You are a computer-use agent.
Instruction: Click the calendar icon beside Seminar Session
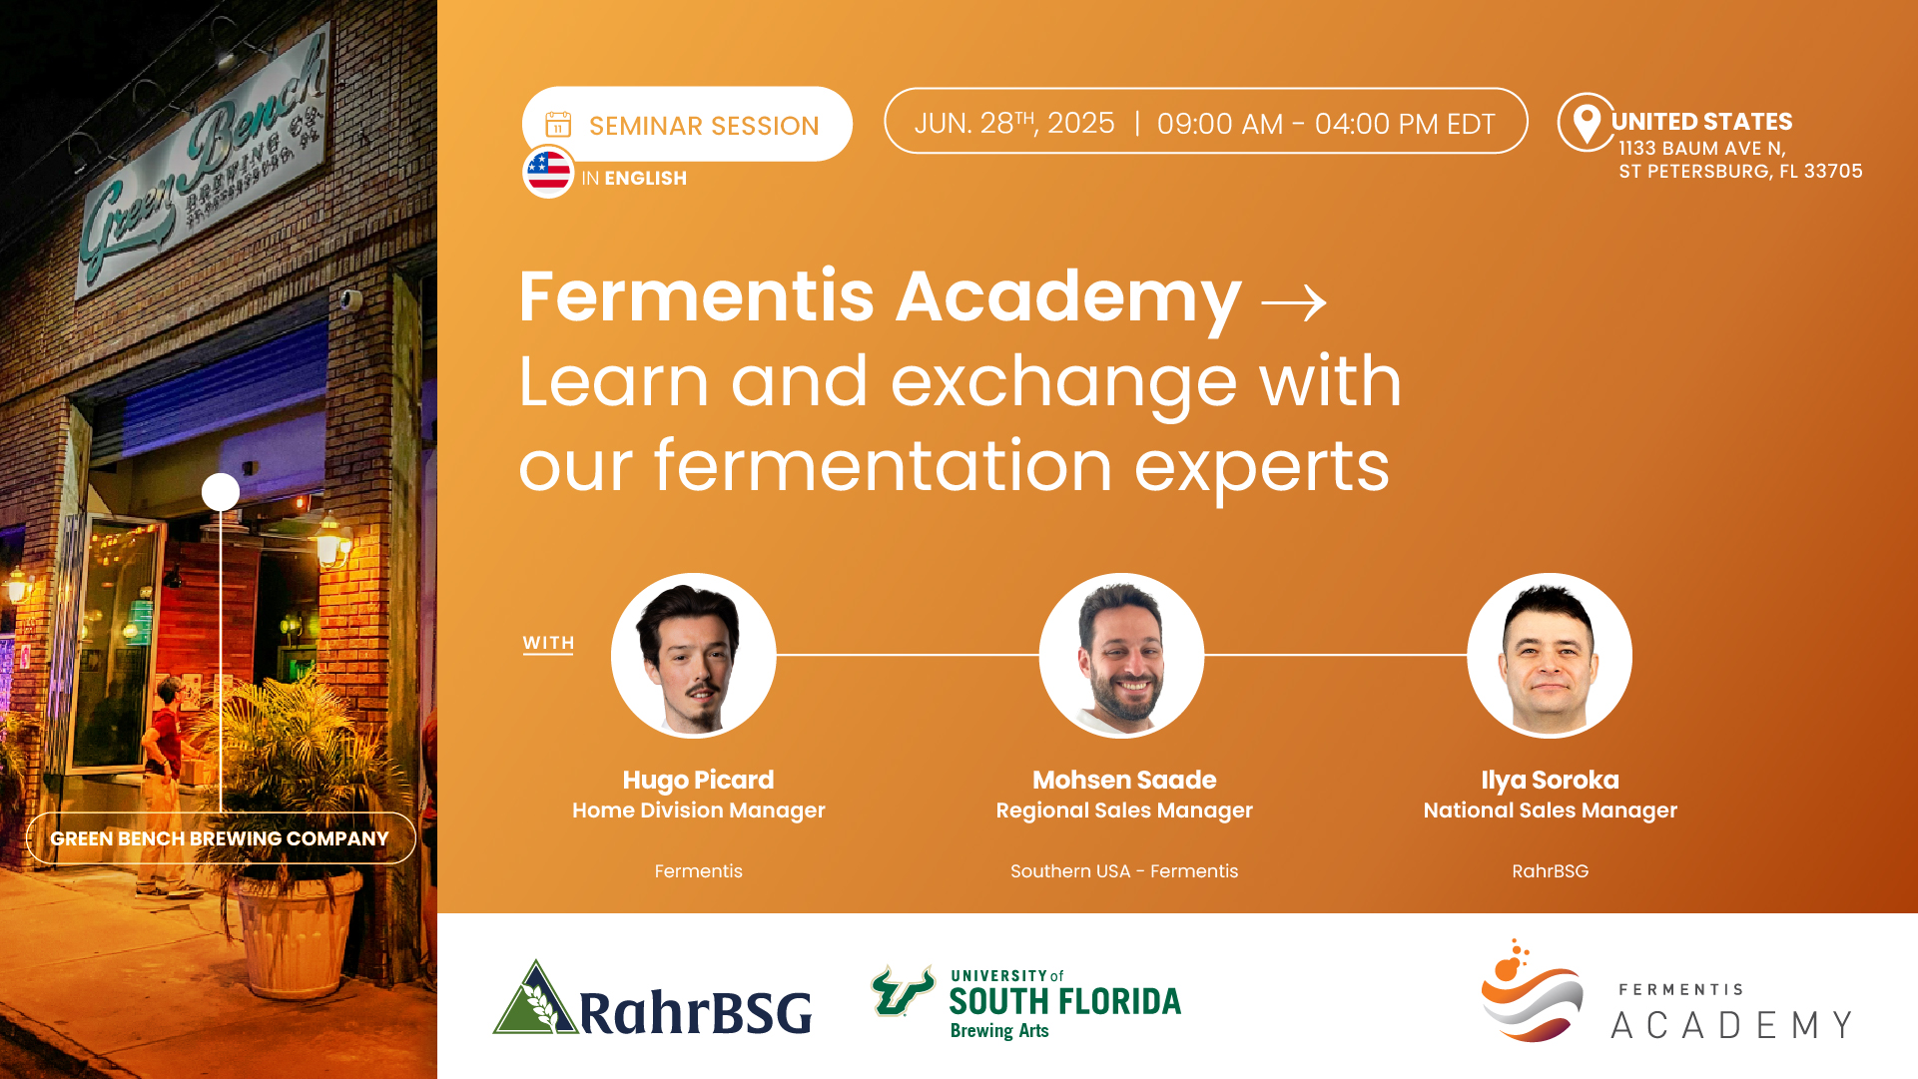click(x=558, y=125)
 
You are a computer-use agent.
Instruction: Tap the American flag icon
click(x=548, y=172)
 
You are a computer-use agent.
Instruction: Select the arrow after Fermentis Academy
click(x=1294, y=302)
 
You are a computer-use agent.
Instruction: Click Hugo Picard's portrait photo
click(x=694, y=656)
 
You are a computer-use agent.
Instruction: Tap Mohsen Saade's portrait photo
click(x=1122, y=656)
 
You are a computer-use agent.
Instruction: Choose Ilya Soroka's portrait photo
click(x=1550, y=656)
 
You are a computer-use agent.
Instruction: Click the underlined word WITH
click(x=548, y=644)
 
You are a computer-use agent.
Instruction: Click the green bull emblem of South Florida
click(x=903, y=990)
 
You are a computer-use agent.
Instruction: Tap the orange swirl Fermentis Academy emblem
click(x=1531, y=991)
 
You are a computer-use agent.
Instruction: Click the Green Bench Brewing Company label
click(x=220, y=838)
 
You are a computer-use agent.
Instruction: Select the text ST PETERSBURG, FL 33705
click(x=1740, y=172)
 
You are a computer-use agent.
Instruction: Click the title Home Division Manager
click(x=699, y=810)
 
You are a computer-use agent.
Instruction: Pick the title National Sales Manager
click(x=1550, y=810)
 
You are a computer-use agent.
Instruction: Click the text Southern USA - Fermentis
click(x=1124, y=871)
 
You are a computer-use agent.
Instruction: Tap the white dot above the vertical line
click(x=221, y=492)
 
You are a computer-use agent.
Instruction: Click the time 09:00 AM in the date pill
click(x=1220, y=124)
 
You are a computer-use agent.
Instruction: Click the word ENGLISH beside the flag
click(x=645, y=179)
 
